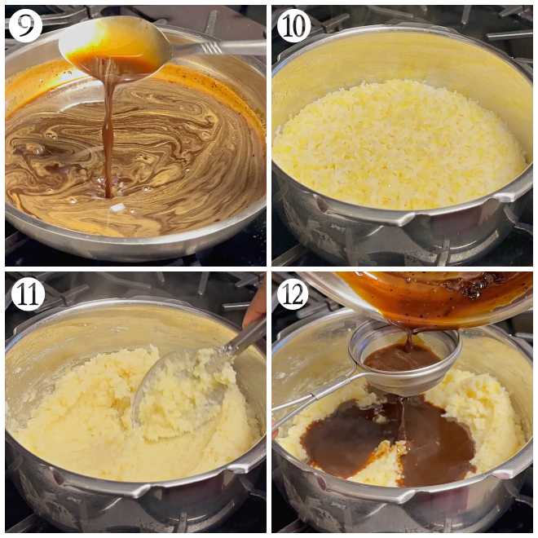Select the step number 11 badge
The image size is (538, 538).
tap(27, 294)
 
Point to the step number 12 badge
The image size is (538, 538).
tap(293, 294)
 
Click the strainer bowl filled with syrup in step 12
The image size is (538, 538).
tap(403, 355)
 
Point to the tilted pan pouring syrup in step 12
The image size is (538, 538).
tap(440, 298)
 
